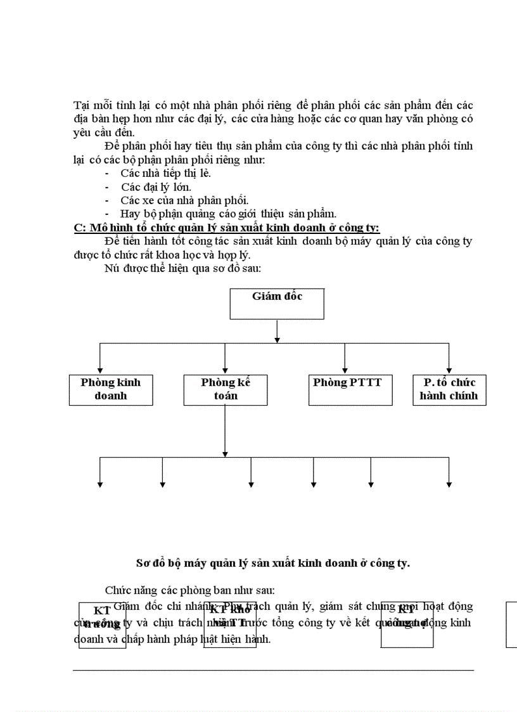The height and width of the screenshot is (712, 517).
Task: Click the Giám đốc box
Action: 277,304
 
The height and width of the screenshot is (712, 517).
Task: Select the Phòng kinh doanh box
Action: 111,389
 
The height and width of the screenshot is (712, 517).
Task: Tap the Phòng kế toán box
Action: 226,389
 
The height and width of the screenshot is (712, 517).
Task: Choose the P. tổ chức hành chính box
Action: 449,389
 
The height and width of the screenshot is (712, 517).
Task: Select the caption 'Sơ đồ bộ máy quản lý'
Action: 273,562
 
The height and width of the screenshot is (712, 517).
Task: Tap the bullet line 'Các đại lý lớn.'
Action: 156,187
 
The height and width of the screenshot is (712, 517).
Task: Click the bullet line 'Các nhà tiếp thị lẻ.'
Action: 165,173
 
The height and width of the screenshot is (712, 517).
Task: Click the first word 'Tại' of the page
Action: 80,105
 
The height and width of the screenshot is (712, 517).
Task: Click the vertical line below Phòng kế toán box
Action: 226,431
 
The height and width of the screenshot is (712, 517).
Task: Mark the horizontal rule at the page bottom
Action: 273,670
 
